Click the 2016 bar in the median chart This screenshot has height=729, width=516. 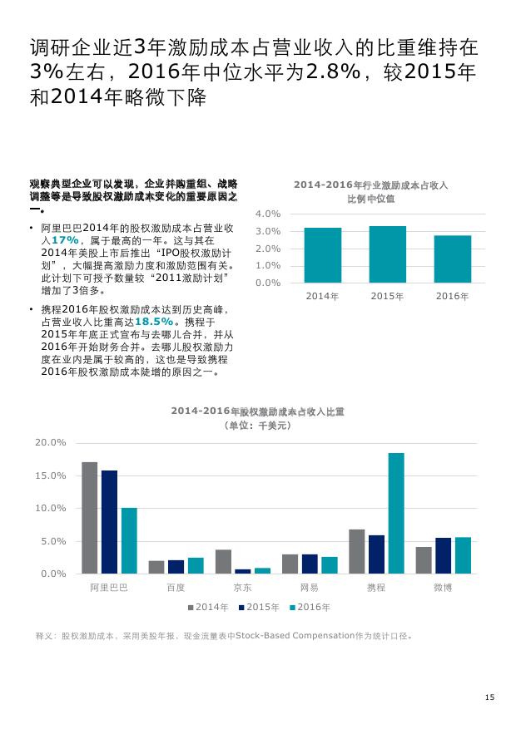tap(453, 259)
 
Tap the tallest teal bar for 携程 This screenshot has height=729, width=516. tap(396, 513)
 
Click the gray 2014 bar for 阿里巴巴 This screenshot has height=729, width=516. tap(89, 517)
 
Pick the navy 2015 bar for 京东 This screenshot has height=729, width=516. tap(242, 571)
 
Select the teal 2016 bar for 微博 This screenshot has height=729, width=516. tap(463, 555)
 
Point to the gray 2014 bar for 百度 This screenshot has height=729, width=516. tap(156, 567)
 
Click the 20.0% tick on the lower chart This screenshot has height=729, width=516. tap(51, 443)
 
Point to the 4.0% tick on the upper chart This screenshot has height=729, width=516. tap(267, 214)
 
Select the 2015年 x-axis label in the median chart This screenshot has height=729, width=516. tap(387, 296)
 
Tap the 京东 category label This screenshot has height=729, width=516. tap(242, 588)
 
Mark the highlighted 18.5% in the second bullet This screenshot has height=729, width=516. tap(154, 321)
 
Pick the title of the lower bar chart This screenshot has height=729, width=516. tap(258, 411)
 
